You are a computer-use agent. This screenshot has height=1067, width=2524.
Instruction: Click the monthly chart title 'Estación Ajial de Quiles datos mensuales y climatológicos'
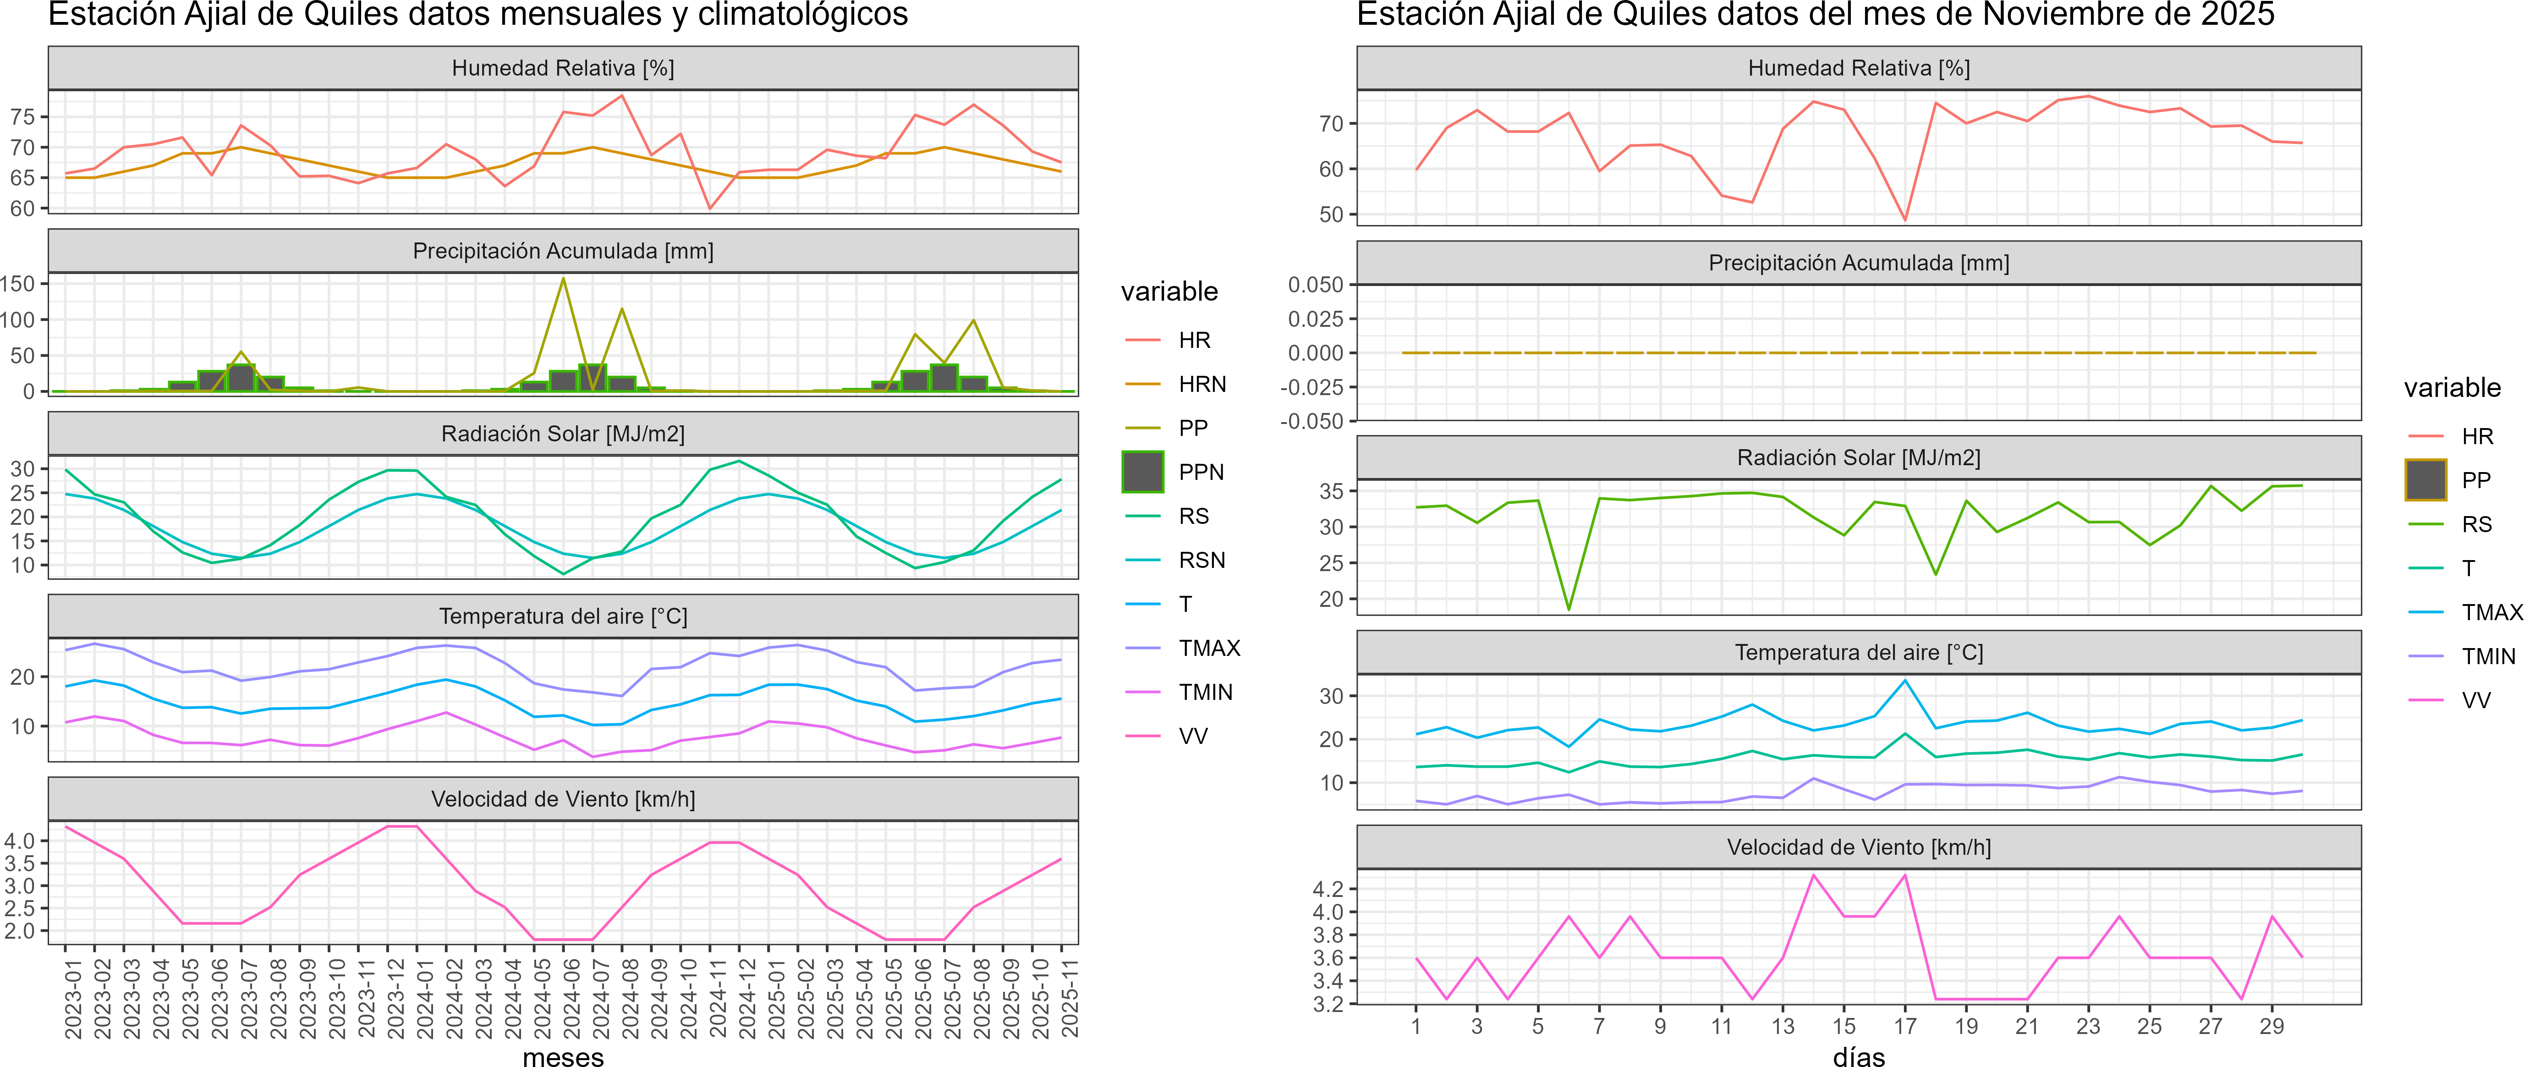point(478,15)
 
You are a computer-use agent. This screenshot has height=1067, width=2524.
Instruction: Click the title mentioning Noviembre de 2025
point(1815,15)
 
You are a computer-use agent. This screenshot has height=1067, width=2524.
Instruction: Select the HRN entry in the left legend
point(1201,384)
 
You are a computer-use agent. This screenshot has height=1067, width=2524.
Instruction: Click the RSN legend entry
point(1201,561)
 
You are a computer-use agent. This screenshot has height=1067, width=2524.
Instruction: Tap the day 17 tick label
point(1905,1026)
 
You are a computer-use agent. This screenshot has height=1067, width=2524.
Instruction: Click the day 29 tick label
point(2271,1026)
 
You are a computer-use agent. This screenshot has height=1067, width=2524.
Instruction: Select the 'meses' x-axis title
point(563,1056)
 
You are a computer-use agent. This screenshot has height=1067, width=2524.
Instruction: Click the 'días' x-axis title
point(1859,1056)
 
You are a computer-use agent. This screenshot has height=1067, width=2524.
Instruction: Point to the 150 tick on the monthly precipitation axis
point(17,284)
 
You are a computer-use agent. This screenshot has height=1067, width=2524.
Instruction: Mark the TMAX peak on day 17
point(1905,680)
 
